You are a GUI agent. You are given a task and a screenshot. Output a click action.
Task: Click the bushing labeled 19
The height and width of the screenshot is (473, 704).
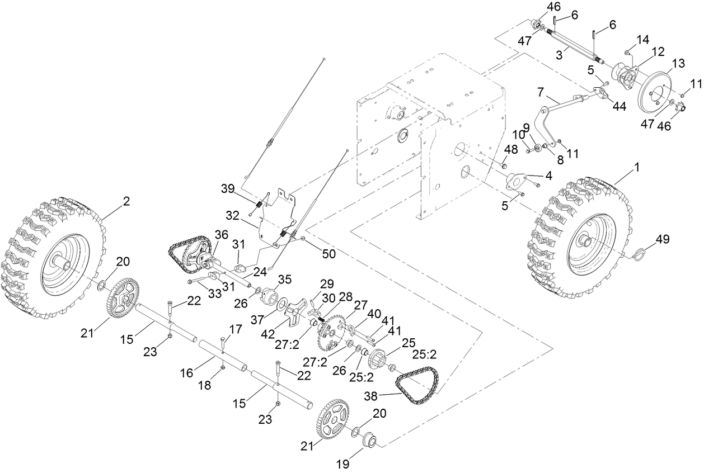click(x=369, y=441)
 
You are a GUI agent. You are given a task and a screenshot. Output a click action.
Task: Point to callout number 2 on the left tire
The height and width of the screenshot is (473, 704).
click(x=126, y=202)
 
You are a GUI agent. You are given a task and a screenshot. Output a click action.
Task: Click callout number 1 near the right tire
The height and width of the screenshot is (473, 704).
click(x=637, y=167)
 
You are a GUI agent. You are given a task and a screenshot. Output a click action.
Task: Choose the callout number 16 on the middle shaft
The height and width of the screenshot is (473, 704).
click(x=187, y=371)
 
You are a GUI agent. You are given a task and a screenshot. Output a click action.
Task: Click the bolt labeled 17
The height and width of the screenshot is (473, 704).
click(x=223, y=342)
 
